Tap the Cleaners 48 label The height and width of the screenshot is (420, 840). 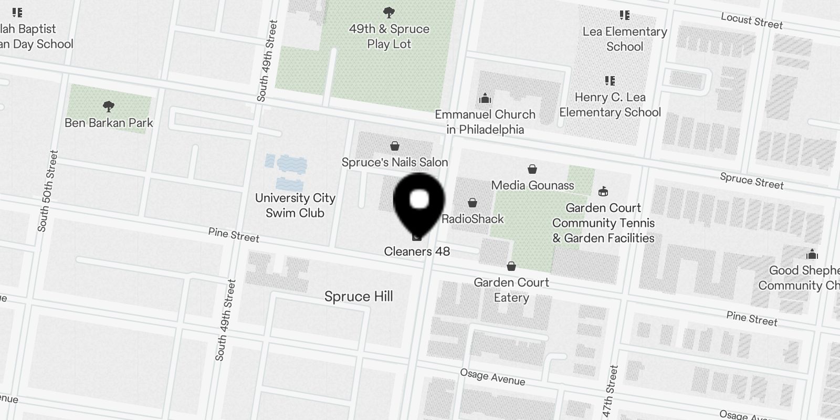[417, 251]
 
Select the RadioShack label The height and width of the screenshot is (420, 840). [472, 219]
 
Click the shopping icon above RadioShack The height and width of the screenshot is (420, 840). [472, 203]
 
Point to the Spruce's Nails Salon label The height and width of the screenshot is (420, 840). [395, 162]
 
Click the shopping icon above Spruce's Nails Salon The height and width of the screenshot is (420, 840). [395, 146]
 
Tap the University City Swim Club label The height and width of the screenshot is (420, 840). [295, 205]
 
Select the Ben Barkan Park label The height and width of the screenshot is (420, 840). [109, 123]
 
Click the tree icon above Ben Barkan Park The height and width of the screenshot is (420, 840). [109, 107]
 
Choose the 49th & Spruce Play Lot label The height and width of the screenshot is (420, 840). [389, 36]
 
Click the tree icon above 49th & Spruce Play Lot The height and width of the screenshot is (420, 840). [389, 12]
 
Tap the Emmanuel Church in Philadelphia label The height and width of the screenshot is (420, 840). [485, 122]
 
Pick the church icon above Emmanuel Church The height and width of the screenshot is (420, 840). [485, 98]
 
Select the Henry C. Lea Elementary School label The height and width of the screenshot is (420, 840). [610, 104]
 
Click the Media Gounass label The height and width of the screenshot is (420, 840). [532, 185]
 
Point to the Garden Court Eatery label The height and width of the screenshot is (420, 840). [511, 290]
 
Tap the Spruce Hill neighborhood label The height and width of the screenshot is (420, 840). [359, 297]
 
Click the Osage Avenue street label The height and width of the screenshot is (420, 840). [492, 377]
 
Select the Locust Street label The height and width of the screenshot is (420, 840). [752, 21]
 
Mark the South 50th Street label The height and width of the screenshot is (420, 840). [48, 191]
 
